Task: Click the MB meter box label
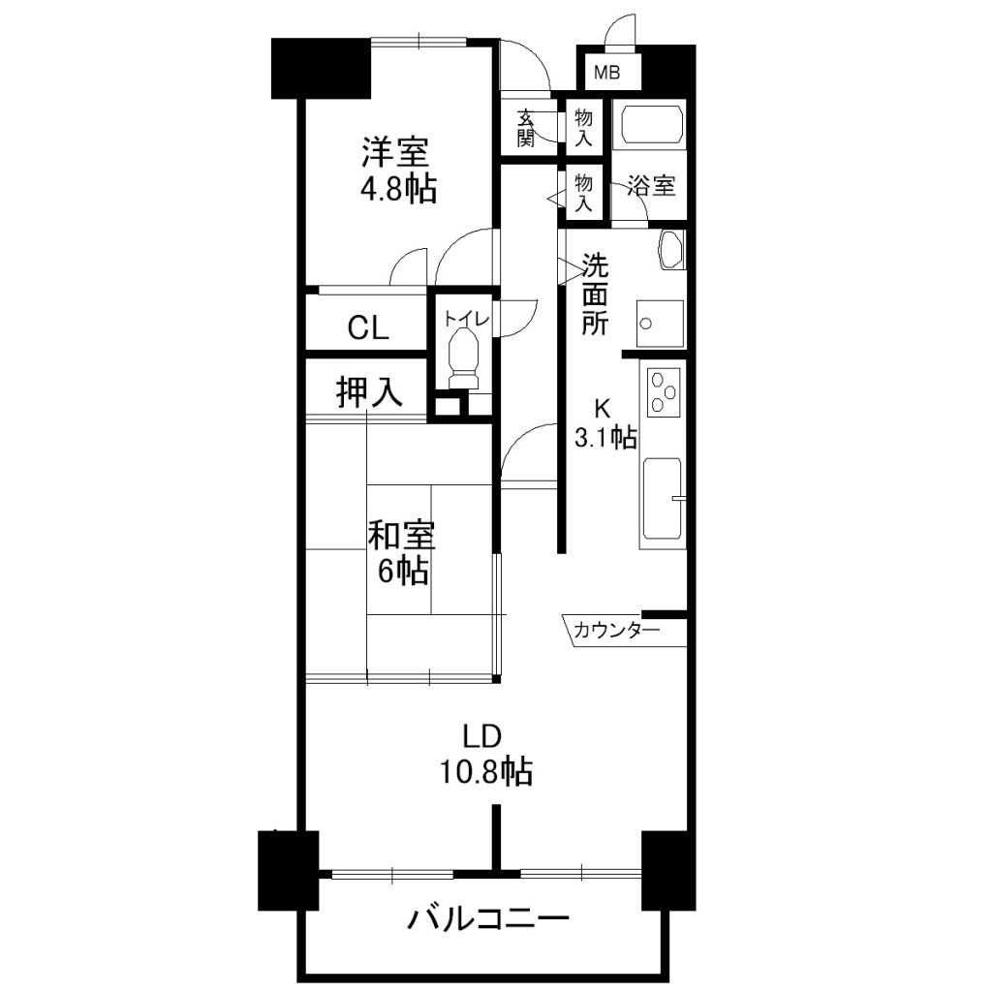pos(606,73)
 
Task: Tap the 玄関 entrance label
pos(526,128)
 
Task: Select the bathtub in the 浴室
pos(652,125)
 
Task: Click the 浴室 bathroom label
pos(651,186)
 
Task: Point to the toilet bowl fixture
pos(463,359)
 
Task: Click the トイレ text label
pos(466,319)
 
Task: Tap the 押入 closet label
pos(369,392)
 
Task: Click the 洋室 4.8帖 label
pos(398,169)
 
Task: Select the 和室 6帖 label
pos(402,553)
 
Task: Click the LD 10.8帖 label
pos(486,754)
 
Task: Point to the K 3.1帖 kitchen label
pos(605,423)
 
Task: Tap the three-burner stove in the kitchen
pos(663,392)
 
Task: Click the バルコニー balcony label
pos(488,919)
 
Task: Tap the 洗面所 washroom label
pos(595,294)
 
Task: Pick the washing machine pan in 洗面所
pos(660,324)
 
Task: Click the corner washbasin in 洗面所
pos(671,250)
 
